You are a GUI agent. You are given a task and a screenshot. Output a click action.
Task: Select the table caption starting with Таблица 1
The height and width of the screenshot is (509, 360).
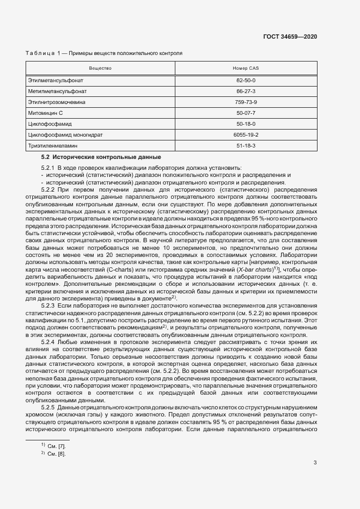pyautogui.click(x=104, y=53)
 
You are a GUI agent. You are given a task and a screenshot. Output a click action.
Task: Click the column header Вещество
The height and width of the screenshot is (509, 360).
pyautogui.click(x=100, y=68)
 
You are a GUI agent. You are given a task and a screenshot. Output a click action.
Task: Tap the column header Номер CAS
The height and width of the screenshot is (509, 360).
pyautogui.click(x=246, y=68)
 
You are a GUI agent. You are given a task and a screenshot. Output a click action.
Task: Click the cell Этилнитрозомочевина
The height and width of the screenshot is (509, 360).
pyautogui.click(x=57, y=102)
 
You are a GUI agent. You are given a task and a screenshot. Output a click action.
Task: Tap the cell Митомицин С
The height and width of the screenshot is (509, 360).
pyautogui.click(x=46, y=113)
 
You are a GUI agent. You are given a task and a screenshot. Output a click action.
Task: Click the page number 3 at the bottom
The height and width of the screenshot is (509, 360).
pyautogui.click(x=315, y=463)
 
